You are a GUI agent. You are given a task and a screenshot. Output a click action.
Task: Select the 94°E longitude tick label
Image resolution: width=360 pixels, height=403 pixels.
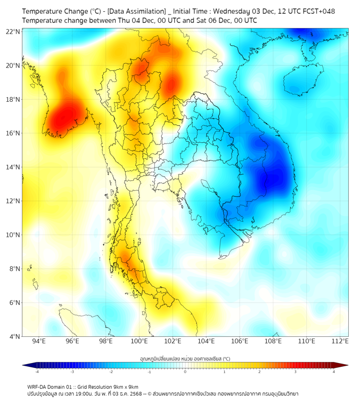click(x=39, y=341)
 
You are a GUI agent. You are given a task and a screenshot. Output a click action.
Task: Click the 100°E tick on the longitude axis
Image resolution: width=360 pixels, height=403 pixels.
click(x=140, y=341)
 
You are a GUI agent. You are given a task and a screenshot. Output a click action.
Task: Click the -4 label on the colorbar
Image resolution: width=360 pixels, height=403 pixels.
click(x=37, y=372)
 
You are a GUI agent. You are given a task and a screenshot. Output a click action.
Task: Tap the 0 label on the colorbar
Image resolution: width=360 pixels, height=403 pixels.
click(x=185, y=372)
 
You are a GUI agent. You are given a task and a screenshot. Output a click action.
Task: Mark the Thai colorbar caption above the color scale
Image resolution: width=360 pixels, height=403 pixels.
click(x=185, y=359)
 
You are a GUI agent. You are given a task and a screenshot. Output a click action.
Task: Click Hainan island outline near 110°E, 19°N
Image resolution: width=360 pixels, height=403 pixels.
click(x=301, y=83)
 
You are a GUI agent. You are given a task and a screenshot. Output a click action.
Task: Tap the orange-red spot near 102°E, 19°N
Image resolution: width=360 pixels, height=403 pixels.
click(x=171, y=84)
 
